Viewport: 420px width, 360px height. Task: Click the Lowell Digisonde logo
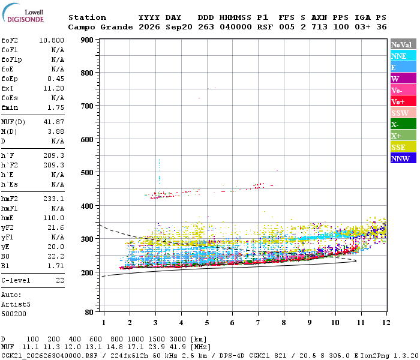click(23, 13)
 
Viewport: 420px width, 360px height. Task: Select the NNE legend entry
click(403, 56)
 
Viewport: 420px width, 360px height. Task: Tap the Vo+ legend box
click(403, 101)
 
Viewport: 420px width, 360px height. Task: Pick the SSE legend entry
click(403, 147)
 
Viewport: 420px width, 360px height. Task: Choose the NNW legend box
click(403, 158)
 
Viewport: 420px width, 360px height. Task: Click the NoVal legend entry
click(403, 44)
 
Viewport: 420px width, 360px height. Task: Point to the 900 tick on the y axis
click(87, 40)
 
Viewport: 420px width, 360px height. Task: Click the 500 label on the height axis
click(87, 172)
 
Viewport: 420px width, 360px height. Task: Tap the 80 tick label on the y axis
click(89, 312)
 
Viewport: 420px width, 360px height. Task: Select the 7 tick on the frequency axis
click(258, 323)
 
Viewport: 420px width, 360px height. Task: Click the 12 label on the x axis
click(386, 323)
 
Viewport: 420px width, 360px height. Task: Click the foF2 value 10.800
click(52, 40)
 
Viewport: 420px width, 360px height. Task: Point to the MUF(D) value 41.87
click(53, 122)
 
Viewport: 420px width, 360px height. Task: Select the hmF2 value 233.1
click(53, 199)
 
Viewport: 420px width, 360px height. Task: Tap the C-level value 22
click(60, 280)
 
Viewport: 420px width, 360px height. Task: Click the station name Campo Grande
click(100, 27)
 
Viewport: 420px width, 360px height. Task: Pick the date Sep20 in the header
click(179, 27)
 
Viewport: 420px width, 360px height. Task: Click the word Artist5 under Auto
click(16, 305)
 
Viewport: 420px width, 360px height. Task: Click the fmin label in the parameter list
click(10, 107)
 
